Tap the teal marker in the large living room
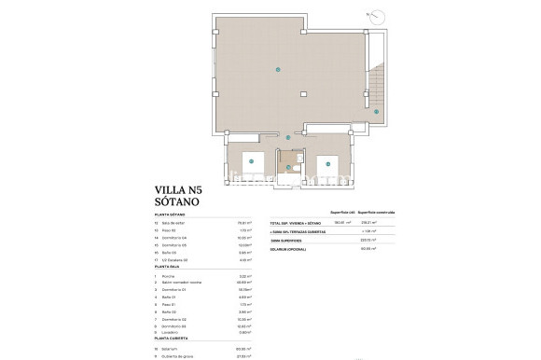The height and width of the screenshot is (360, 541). click(x=276, y=69)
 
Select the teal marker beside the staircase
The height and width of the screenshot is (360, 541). click(x=376, y=111)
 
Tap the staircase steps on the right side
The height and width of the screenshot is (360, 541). click(x=377, y=84)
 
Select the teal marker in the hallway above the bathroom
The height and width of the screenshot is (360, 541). click(x=288, y=138)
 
